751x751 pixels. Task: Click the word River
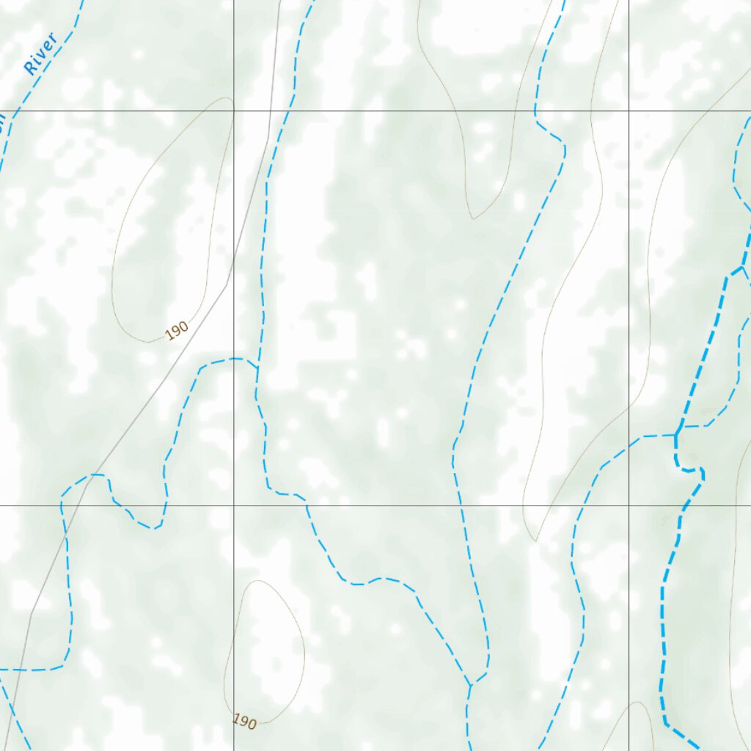(x=41, y=54)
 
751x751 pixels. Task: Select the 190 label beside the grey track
(x=177, y=331)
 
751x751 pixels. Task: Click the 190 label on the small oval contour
(x=244, y=722)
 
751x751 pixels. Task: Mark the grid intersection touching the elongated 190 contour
(x=234, y=111)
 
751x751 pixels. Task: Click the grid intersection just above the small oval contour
(x=234, y=505)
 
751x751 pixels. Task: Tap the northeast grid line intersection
(x=629, y=111)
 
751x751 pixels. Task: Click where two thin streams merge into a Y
(x=470, y=685)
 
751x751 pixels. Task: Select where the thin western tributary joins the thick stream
(x=675, y=435)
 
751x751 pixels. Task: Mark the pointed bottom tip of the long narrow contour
(x=536, y=541)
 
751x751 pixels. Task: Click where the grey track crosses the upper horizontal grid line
(x=269, y=111)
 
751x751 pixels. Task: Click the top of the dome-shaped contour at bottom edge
(x=638, y=703)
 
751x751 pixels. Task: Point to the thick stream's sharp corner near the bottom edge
(x=665, y=723)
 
